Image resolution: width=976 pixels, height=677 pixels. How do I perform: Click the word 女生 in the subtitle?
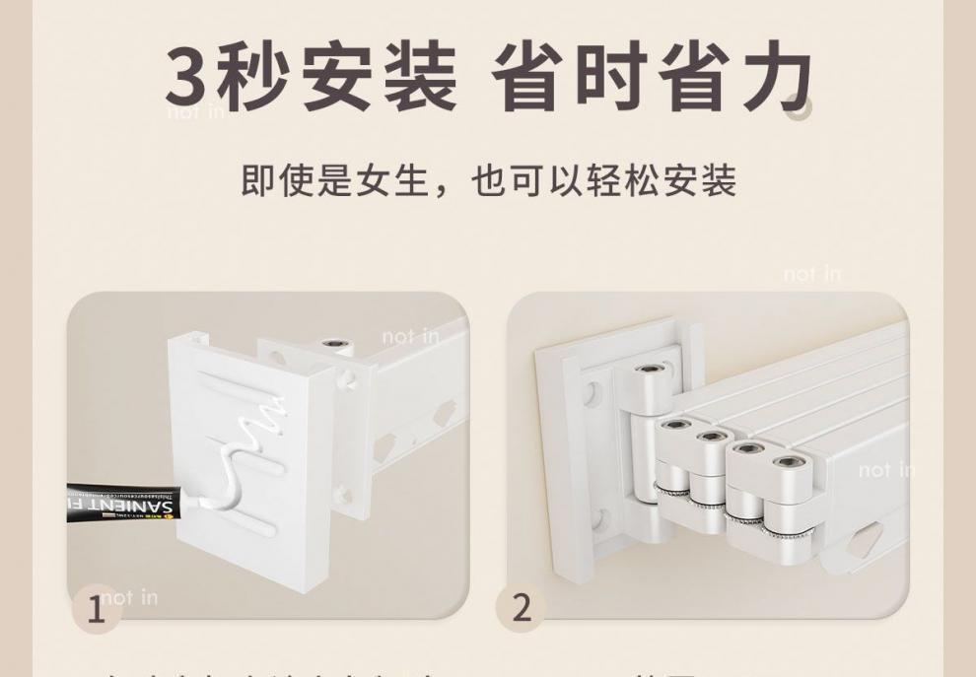pyautogui.click(x=388, y=181)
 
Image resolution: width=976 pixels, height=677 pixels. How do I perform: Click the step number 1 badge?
pyautogui.click(x=96, y=608)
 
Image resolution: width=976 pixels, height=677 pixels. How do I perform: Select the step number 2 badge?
pyautogui.click(x=522, y=607)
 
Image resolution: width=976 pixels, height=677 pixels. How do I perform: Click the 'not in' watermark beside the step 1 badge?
pyautogui.click(x=128, y=596)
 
